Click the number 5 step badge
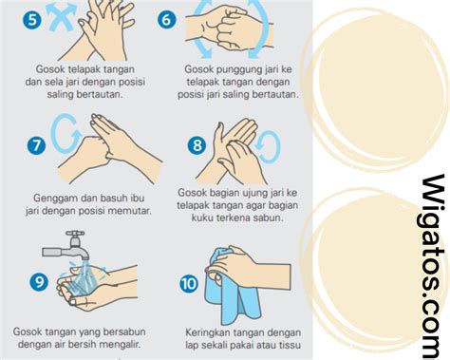pyautogui.click(x=32, y=19)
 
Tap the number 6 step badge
pyautogui.click(x=166, y=19)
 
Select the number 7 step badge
pyautogui.click(x=36, y=145)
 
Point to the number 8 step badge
pyautogui.click(x=197, y=145)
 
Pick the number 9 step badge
pyautogui.click(x=39, y=281)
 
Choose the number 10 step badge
pyautogui.click(x=189, y=284)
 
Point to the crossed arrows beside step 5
pyautogui.click(x=61, y=16)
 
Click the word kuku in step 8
pyautogui.click(x=202, y=218)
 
